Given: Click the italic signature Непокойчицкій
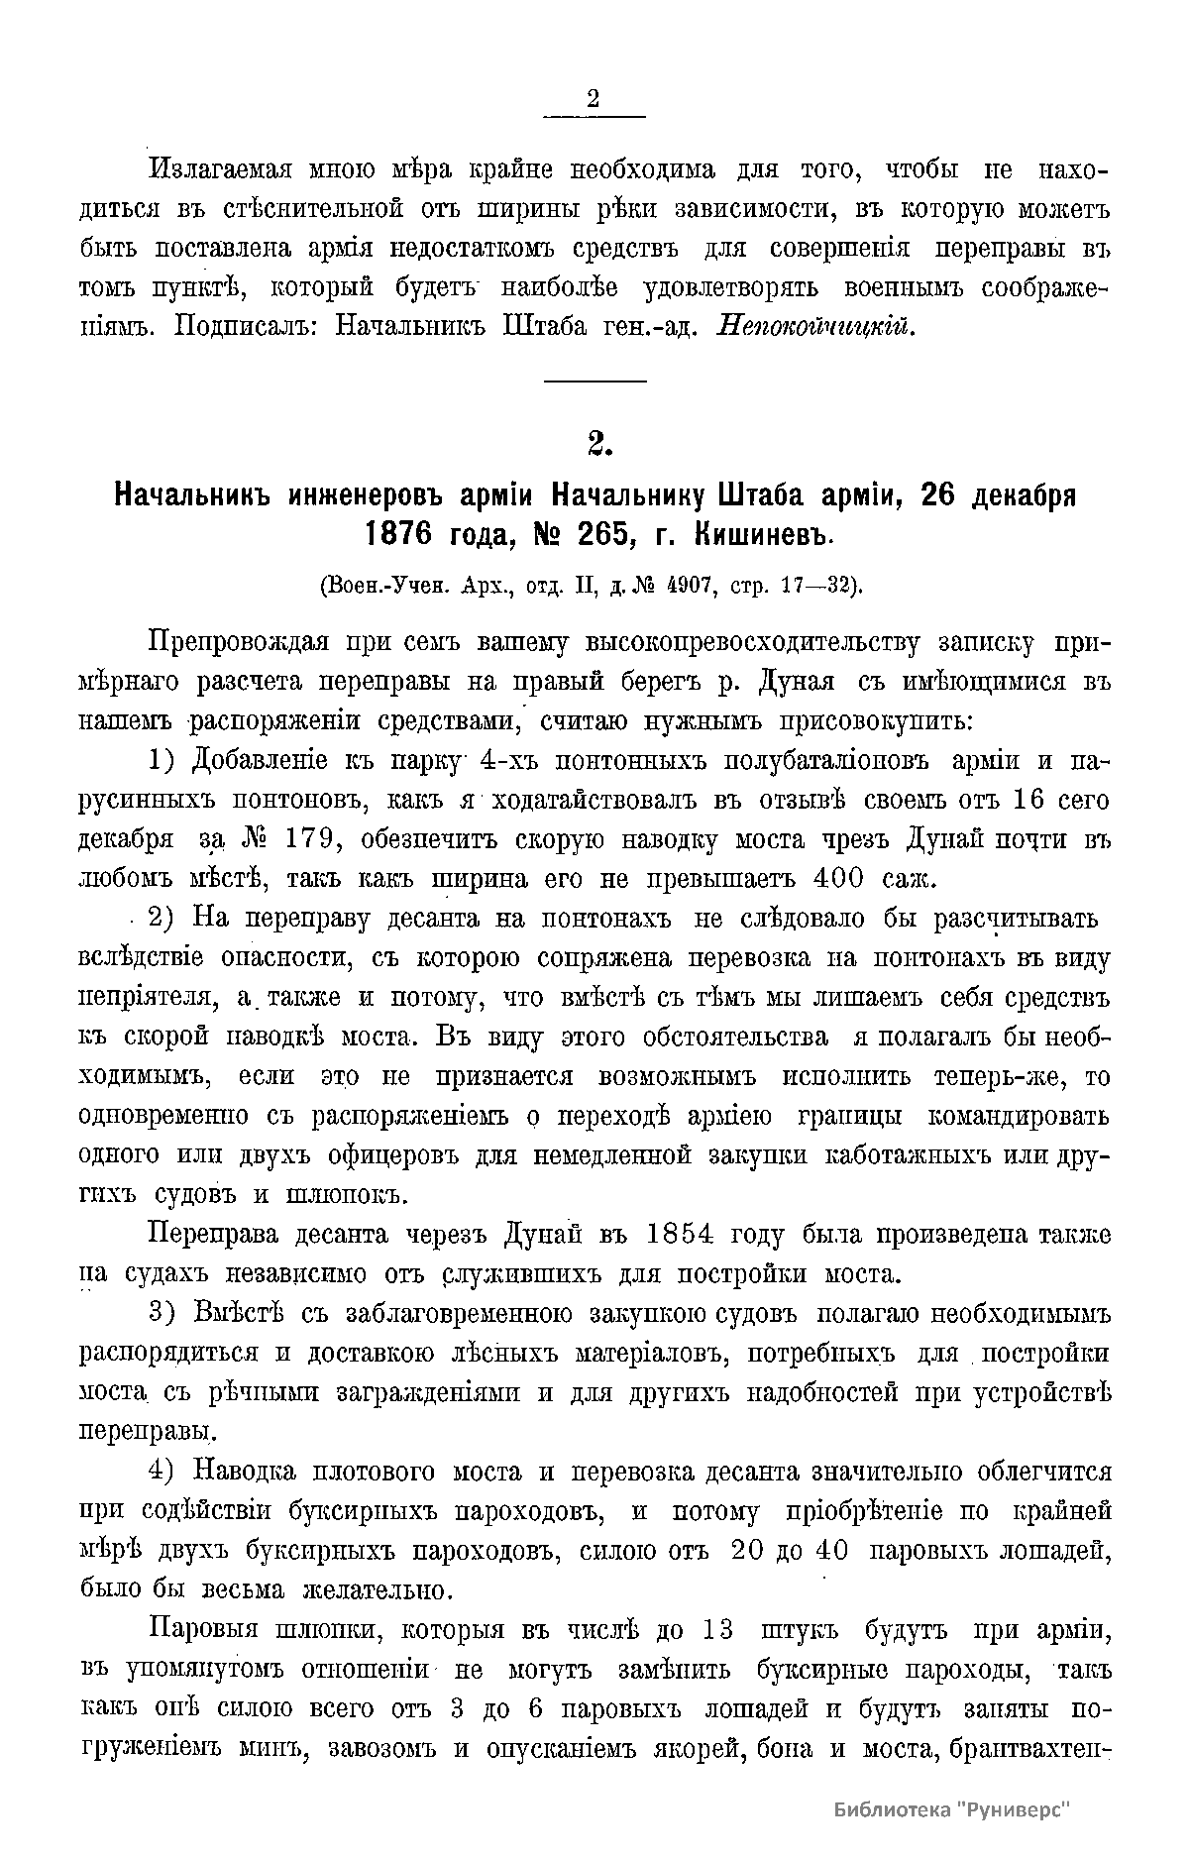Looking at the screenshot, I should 815,326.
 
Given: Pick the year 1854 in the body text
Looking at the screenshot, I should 679,1236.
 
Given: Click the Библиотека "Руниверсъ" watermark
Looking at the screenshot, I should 954,1808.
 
